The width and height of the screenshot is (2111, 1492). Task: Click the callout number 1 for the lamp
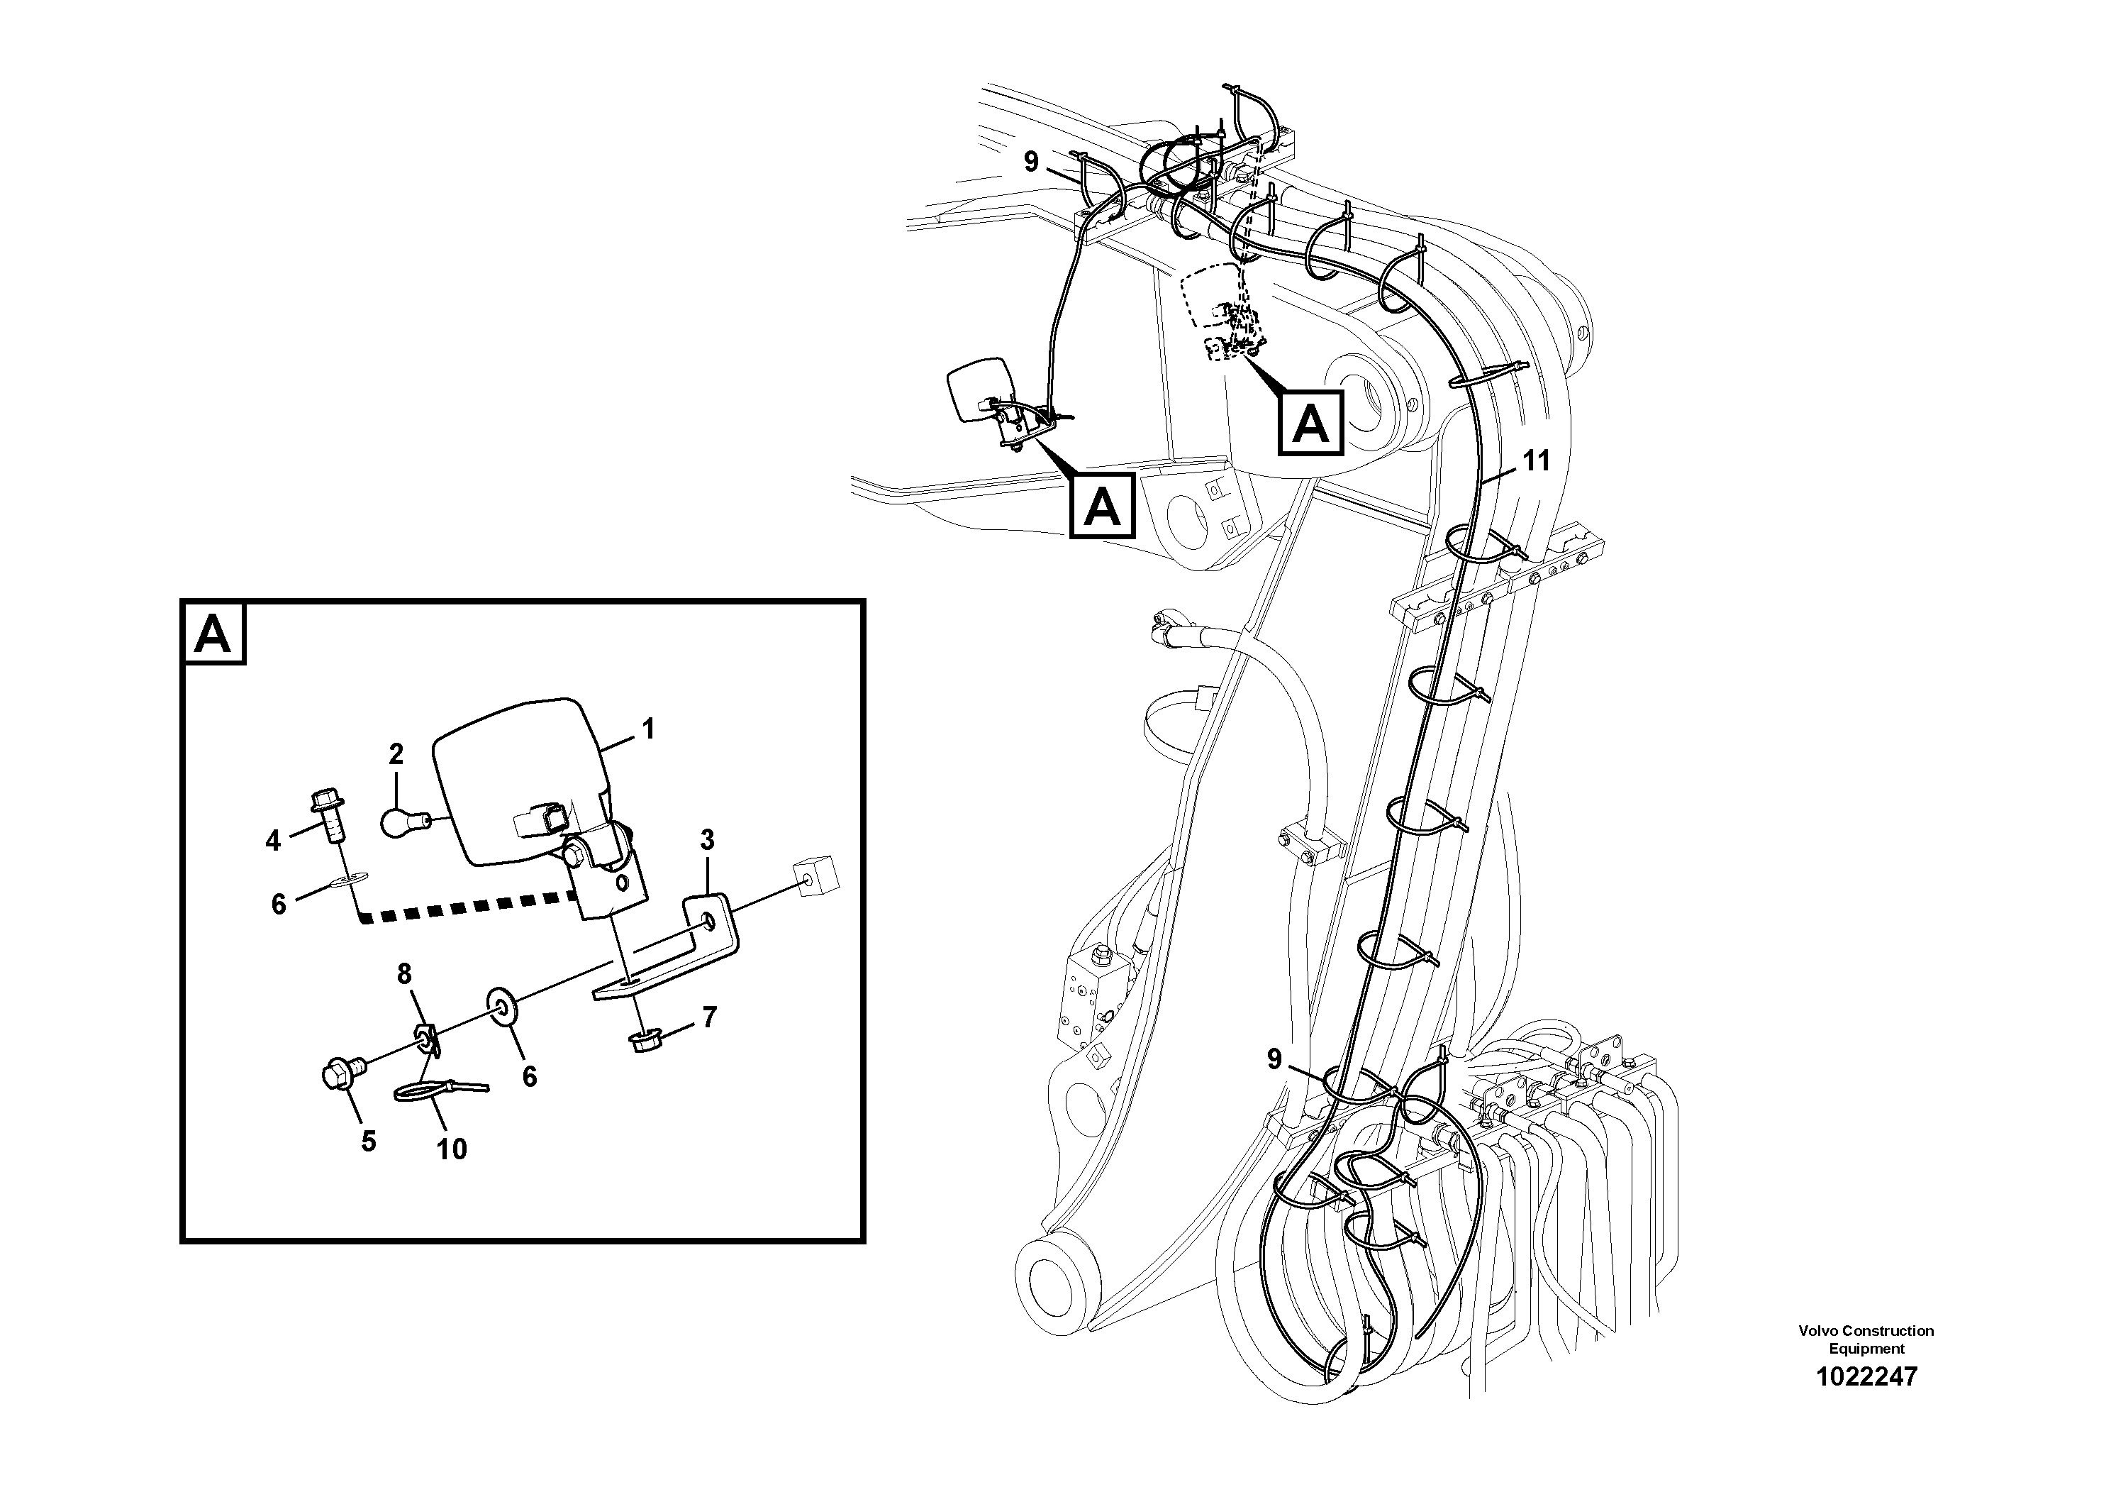(x=648, y=729)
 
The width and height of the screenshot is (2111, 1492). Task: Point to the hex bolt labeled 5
(x=342, y=1073)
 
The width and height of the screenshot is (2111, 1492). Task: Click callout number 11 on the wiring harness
(x=1537, y=460)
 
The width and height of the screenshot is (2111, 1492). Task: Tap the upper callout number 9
(x=1030, y=162)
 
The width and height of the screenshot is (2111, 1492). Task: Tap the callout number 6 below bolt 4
(x=279, y=905)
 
